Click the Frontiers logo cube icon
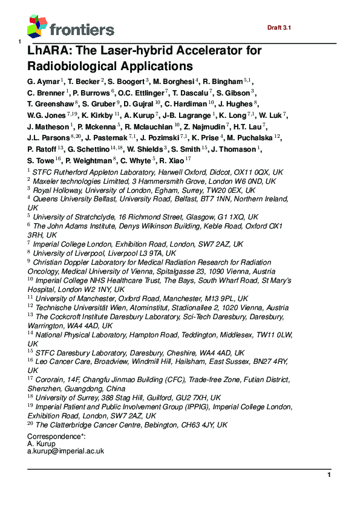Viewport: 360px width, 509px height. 38,27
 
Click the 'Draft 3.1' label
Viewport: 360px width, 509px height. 279,28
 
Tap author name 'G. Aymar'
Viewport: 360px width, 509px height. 43,81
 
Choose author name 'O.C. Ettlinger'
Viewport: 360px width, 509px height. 141,92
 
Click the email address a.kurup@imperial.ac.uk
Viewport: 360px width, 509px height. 66,451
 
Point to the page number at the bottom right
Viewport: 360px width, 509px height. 329,475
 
